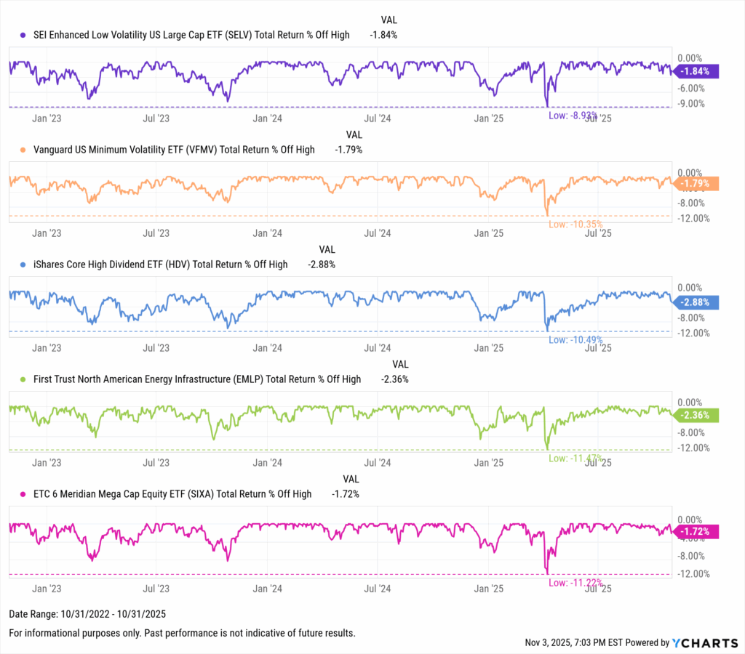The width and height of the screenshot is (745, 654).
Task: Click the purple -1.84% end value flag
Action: (x=697, y=71)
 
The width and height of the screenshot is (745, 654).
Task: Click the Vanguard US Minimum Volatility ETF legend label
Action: (x=175, y=150)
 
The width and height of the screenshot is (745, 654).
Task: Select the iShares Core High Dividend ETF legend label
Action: (x=162, y=265)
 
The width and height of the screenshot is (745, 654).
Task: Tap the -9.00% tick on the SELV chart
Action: (x=691, y=103)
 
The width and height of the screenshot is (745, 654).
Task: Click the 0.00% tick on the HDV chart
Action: (x=691, y=288)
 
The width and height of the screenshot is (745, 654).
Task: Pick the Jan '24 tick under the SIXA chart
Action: (x=267, y=588)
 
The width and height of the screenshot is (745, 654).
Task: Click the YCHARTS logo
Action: (x=703, y=642)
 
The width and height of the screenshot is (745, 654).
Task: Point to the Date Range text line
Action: (x=81, y=615)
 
